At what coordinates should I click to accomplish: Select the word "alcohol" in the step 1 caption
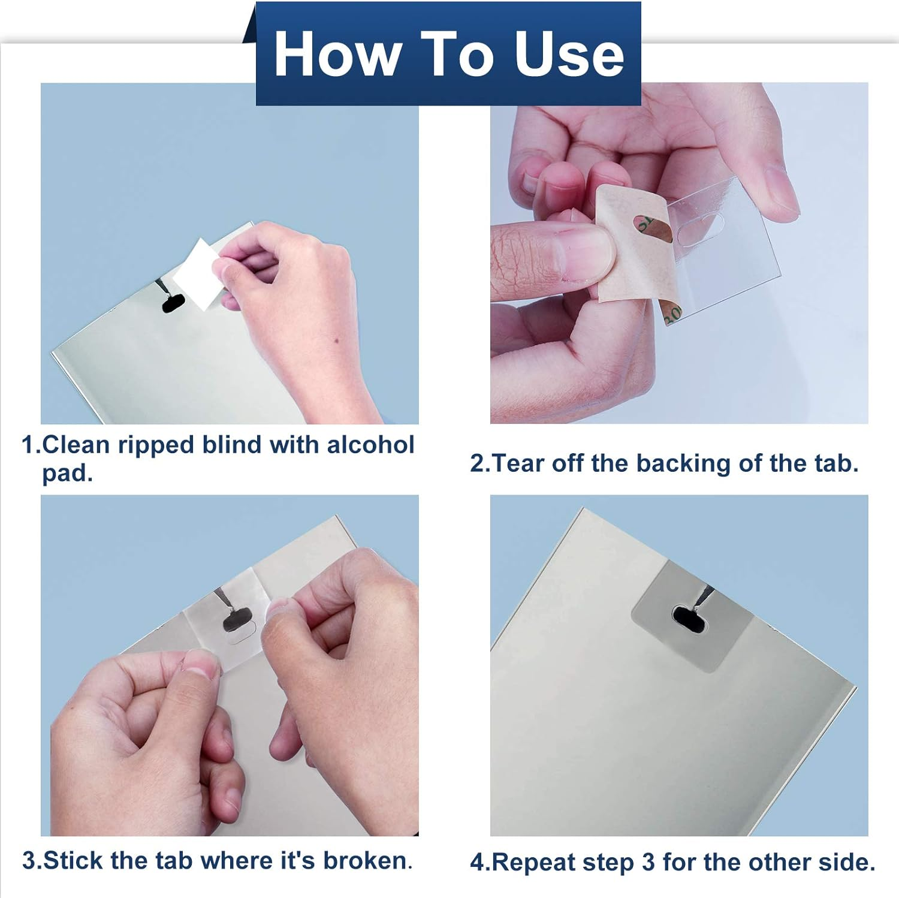point(370,445)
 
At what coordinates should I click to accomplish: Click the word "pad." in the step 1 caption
point(67,473)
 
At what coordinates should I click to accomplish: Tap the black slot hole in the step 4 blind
point(688,617)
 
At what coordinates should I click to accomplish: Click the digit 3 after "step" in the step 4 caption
point(648,862)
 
